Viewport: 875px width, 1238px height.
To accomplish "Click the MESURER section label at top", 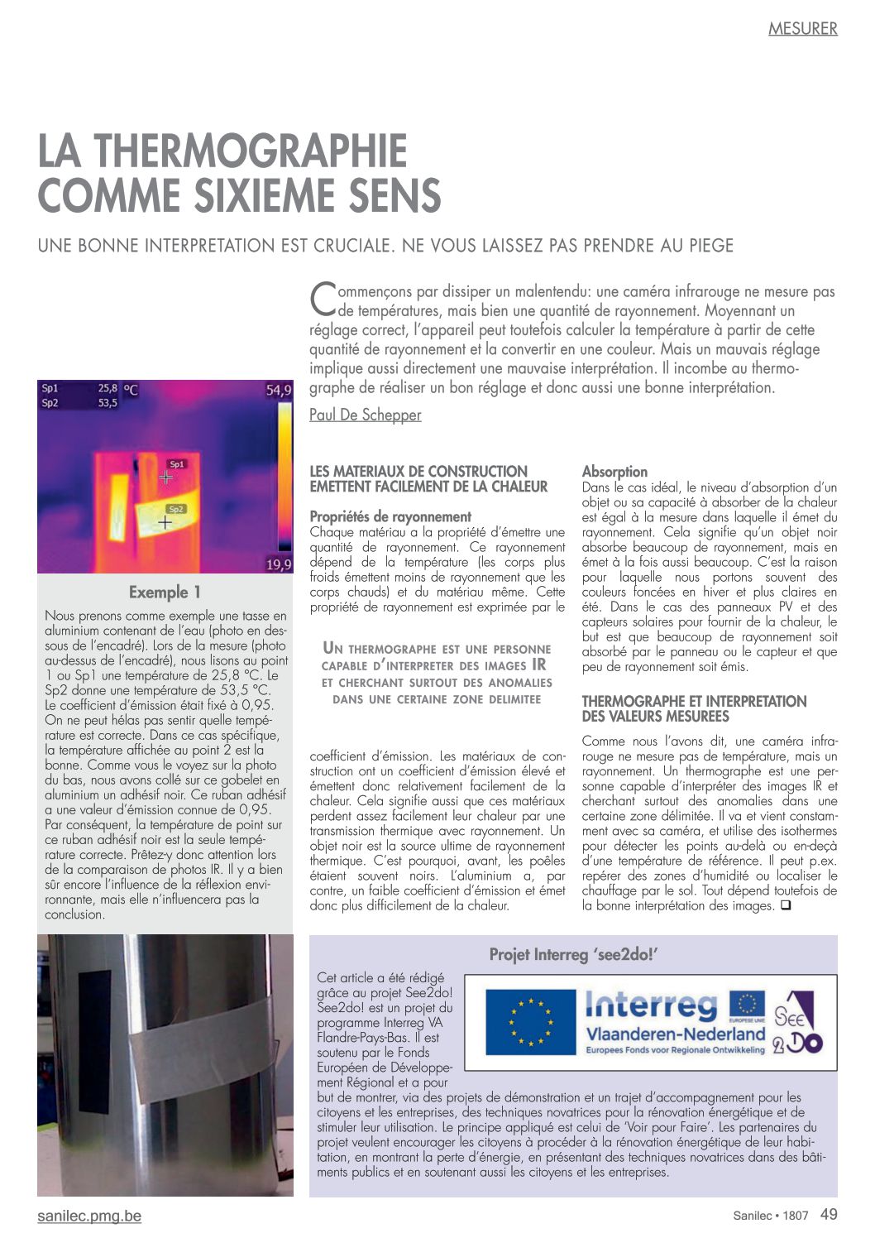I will pos(802,29).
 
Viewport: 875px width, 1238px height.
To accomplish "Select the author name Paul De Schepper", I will pos(365,415).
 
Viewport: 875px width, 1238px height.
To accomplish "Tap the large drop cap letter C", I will pos(322,299).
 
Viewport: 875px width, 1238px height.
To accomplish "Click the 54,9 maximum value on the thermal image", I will pos(279,391).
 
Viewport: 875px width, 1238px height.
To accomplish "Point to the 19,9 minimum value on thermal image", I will pos(279,564).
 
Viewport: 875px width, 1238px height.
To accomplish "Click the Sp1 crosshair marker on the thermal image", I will pos(166,477).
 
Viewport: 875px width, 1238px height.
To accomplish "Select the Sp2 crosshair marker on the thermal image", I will pos(165,522).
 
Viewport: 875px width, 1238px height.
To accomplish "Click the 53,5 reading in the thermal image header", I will pos(108,403).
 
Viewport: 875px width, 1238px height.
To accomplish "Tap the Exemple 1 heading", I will pos(165,593).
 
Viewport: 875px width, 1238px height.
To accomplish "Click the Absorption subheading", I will pos(614,472).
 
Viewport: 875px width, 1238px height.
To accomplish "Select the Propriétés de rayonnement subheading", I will pos(390,517).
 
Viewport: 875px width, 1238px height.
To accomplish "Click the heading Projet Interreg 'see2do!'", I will pos(572,955).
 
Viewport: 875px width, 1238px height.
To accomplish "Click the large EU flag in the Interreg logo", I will pos(530,1022).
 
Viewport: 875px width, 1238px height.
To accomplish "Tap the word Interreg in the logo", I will pos(652,1006).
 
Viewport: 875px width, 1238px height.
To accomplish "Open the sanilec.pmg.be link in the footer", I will pos(89,1216).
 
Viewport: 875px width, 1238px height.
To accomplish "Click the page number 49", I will pos(829,1214).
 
